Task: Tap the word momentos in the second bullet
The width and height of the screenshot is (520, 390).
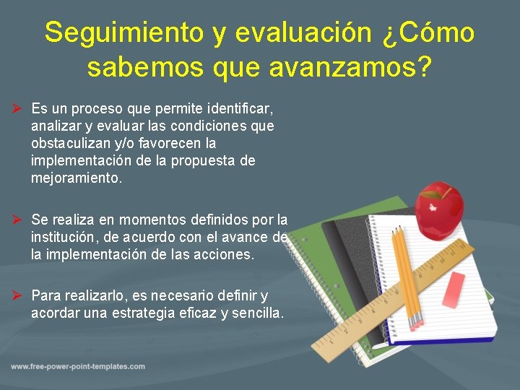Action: coord(152,220)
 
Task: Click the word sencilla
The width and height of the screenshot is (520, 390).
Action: coord(257,313)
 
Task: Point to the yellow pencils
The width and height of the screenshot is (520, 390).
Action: coord(406,274)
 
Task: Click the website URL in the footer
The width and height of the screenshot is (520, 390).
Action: coord(78,367)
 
